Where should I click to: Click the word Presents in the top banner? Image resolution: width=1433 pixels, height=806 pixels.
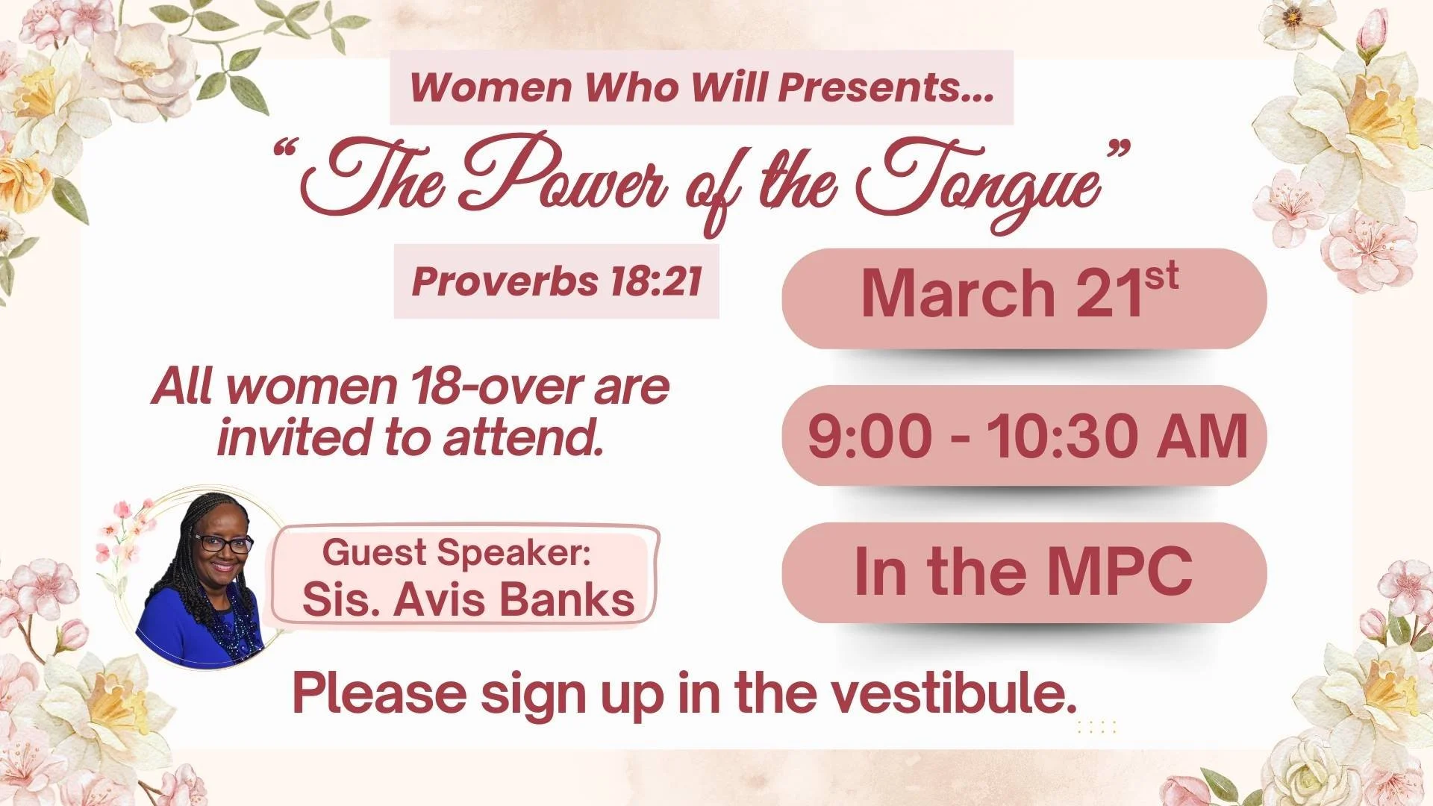tap(887, 87)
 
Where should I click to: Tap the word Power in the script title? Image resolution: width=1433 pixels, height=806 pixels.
tap(567, 179)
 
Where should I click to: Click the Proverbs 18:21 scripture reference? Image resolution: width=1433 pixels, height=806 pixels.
tap(556, 282)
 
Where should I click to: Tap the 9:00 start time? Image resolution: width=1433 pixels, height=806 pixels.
tap(869, 436)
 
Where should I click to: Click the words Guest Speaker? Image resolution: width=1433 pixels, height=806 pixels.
tap(456, 553)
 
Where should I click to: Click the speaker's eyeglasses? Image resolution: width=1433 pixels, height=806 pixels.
tap(222, 543)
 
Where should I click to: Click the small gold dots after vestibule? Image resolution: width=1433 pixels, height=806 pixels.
tap(1096, 726)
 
